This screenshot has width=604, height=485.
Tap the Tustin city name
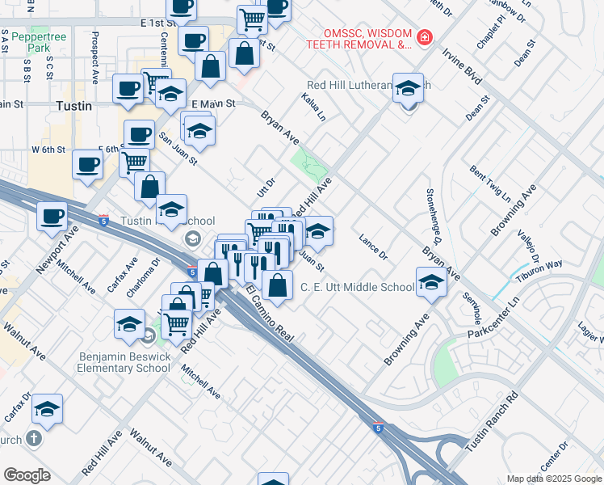73,106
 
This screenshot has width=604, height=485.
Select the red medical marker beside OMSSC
423,38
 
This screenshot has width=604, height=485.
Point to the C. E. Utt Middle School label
357,287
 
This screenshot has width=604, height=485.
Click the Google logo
27,475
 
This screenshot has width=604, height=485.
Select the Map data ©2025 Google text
554,479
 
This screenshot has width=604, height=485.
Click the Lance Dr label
373,248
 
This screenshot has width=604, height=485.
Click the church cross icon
32,438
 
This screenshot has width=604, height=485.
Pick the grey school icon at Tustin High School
192,238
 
